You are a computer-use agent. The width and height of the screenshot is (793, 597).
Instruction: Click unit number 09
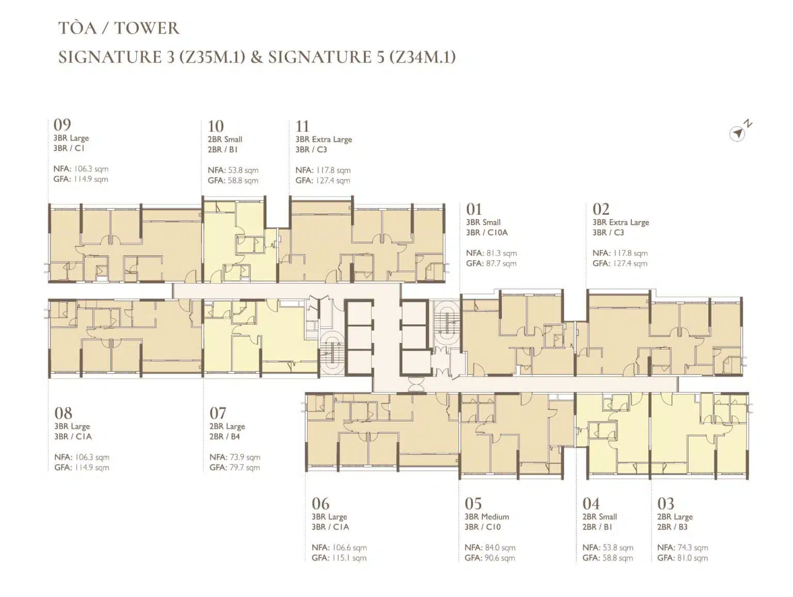(x=62, y=124)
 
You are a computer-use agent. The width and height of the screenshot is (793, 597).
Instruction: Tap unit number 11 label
(x=302, y=127)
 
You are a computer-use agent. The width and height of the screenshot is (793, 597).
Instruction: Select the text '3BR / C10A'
(x=487, y=232)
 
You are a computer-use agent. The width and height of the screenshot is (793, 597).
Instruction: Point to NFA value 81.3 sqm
(x=501, y=253)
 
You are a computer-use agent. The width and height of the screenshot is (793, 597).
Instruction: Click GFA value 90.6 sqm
(x=500, y=558)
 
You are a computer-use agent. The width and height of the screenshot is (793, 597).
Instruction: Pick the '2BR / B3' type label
(x=672, y=527)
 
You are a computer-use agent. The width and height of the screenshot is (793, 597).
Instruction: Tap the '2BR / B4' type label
(x=225, y=436)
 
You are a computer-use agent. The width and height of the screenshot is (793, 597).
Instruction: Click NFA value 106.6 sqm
(x=350, y=547)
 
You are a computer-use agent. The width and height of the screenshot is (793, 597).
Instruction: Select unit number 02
(x=601, y=209)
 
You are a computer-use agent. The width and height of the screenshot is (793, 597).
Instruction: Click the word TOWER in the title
(x=146, y=28)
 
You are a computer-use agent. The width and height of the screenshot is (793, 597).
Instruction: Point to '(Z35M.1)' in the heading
(x=212, y=57)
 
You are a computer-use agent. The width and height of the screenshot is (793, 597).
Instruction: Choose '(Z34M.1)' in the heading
(x=422, y=57)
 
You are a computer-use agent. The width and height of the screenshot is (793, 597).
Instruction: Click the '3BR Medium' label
(x=487, y=516)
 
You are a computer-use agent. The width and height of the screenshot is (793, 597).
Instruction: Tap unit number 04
(x=591, y=504)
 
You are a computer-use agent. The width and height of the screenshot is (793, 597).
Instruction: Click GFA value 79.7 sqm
(x=244, y=467)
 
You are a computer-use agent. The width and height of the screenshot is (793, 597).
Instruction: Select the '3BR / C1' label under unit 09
(x=69, y=148)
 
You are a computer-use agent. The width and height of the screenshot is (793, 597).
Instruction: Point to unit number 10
(x=216, y=127)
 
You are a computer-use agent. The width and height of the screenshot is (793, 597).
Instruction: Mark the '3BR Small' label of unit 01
(x=483, y=222)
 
